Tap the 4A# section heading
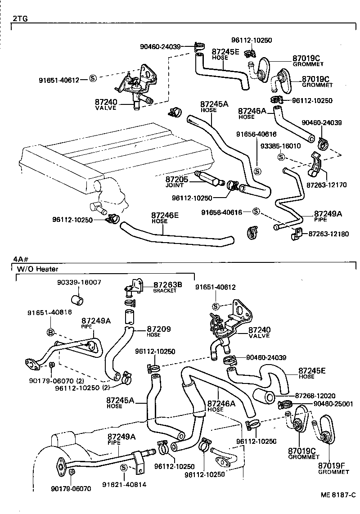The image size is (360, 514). (x=21, y=260)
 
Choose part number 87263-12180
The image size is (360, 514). (x=328, y=234)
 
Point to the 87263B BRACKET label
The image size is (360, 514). (x=167, y=287)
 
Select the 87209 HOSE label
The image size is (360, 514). (x=159, y=331)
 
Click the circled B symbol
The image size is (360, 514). (x=51, y=333)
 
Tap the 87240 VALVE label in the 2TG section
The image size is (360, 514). (x=106, y=104)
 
